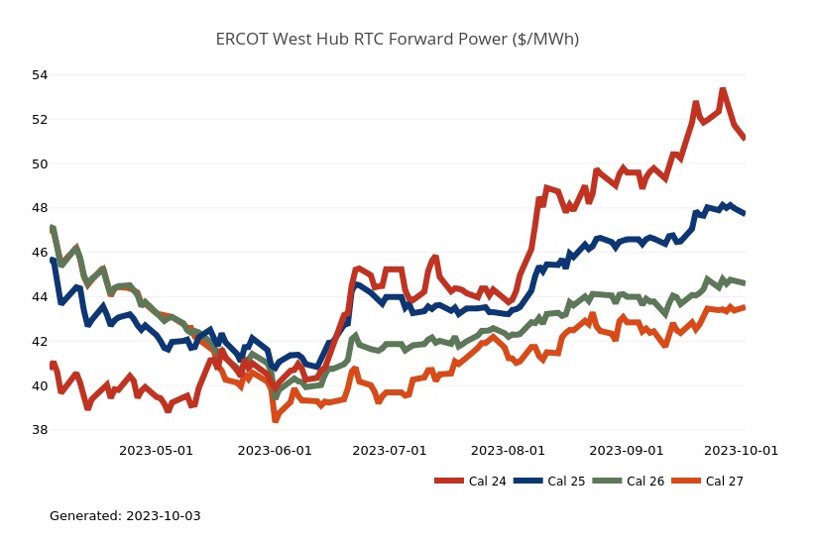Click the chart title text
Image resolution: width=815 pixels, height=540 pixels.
click(x=400, y=40)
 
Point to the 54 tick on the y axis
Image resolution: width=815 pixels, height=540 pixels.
click(x=40, y=75)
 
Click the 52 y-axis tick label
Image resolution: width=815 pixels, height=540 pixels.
click(x=40, y=120)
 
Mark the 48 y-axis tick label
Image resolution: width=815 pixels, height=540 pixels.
click(x=40, y=208)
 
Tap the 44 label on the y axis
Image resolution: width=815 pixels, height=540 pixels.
click(x=40, y=297)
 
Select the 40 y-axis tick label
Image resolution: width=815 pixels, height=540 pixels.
click(x=40, y=386)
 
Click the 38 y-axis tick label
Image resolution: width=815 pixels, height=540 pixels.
click(x=40, y=431)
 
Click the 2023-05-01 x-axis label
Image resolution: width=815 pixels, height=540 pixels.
click(x=157, y=451)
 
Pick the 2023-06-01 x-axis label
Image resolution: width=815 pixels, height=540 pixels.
click(x=275, y=451)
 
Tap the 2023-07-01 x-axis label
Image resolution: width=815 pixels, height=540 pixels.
click(x=390, y=451)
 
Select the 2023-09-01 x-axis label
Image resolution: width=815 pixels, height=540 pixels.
click(x=626, y=451)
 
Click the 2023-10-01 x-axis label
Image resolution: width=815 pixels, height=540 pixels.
click(x=741, y=451)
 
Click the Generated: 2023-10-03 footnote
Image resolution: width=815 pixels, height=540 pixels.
click(x=125, y=516)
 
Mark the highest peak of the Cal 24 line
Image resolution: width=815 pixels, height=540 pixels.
click(x=722, y=90)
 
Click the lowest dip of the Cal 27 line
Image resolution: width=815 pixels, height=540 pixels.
click(x=275, y=419)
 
